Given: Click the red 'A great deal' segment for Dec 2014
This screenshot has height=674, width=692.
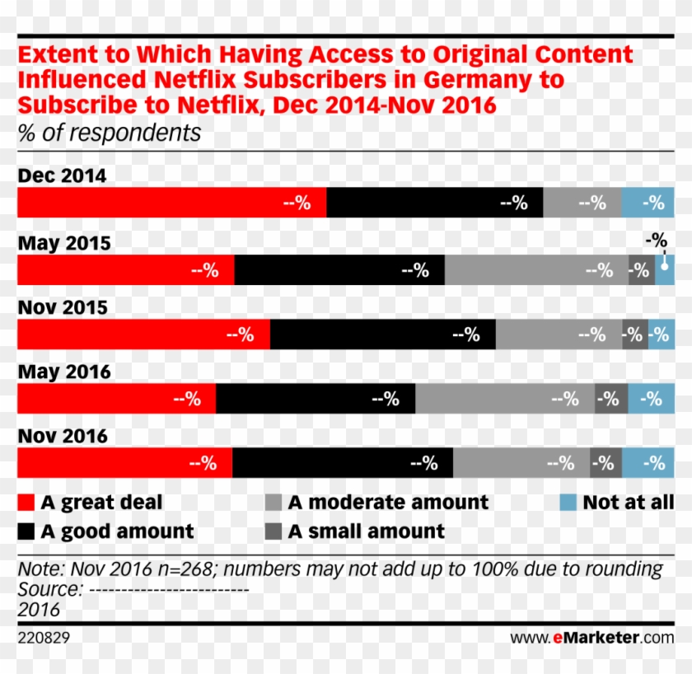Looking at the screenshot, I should (171, 203).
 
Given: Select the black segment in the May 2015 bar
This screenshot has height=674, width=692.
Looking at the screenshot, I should (339, 270).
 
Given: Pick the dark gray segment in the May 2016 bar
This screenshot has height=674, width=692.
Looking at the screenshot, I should (610, 399).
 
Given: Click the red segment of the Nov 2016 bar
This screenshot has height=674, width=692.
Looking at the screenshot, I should (124, 463).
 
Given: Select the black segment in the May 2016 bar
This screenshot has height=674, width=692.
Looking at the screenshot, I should (316, 399).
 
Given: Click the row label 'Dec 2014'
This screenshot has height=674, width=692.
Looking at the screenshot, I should (62, 176).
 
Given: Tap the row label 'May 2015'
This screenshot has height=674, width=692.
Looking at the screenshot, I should (64, 243).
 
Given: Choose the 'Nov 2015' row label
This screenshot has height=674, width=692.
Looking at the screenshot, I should (63, 307).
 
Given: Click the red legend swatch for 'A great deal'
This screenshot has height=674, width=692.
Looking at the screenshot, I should (26, 503).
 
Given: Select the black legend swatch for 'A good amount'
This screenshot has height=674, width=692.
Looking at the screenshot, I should (26, 531).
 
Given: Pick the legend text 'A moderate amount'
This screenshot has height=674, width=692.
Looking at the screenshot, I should (388, 503).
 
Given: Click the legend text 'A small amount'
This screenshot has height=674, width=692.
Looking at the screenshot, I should (367, 531).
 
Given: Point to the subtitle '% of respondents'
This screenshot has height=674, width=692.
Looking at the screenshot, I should (109, 133).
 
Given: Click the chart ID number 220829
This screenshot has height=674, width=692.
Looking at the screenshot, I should (44, 637).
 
